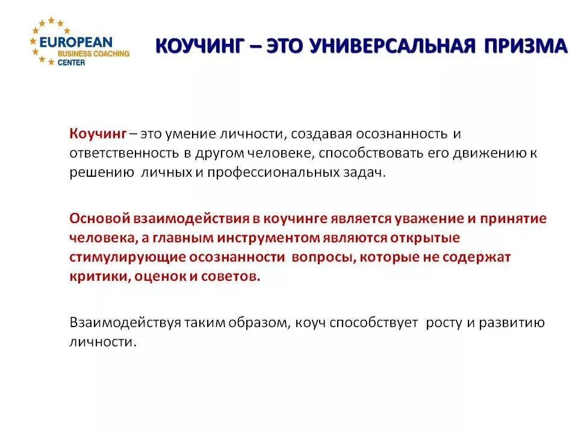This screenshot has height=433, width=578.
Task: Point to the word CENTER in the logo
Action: point(72,63)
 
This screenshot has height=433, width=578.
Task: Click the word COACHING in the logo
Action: point(108,54)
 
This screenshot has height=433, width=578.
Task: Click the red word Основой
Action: point(99,218)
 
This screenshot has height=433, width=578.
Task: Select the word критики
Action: point(92,277)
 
